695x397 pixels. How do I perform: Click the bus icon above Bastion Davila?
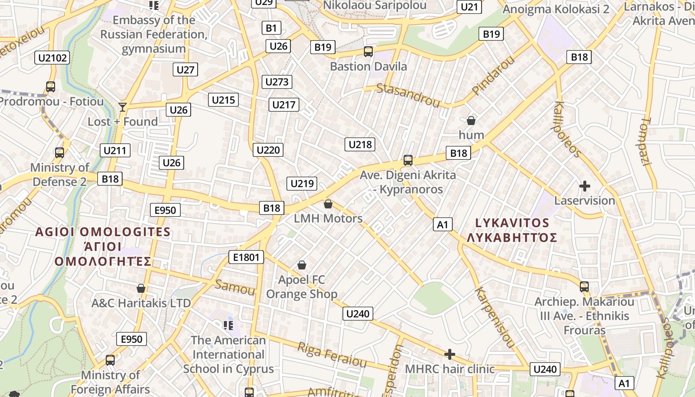coord(368,52)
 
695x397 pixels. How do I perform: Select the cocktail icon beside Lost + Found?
coord(123,107)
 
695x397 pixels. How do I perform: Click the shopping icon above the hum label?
coord(471,121)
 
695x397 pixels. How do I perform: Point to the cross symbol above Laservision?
coord(585,187)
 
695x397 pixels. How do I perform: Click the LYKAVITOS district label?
coord(512,223)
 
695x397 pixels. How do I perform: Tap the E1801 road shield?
coord(246,257)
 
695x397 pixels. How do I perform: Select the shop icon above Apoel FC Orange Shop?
coord(301,265)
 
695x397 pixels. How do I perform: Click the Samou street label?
coord(234,287)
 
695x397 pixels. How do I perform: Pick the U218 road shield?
coord(360,144)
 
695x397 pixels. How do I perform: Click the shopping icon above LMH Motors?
coord(328,204)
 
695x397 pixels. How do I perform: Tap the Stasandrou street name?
coord(408,95)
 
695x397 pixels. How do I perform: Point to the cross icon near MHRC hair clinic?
coord(450,354)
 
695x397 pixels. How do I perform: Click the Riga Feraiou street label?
coord(332,354)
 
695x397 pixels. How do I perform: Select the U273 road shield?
coord(277,82)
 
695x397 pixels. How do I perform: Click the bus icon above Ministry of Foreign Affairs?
coord(110,360)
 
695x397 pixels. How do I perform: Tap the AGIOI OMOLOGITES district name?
coord(103,232)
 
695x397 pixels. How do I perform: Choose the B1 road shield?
coord(271,28)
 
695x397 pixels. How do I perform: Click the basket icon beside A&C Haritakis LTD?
coord(141,288)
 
